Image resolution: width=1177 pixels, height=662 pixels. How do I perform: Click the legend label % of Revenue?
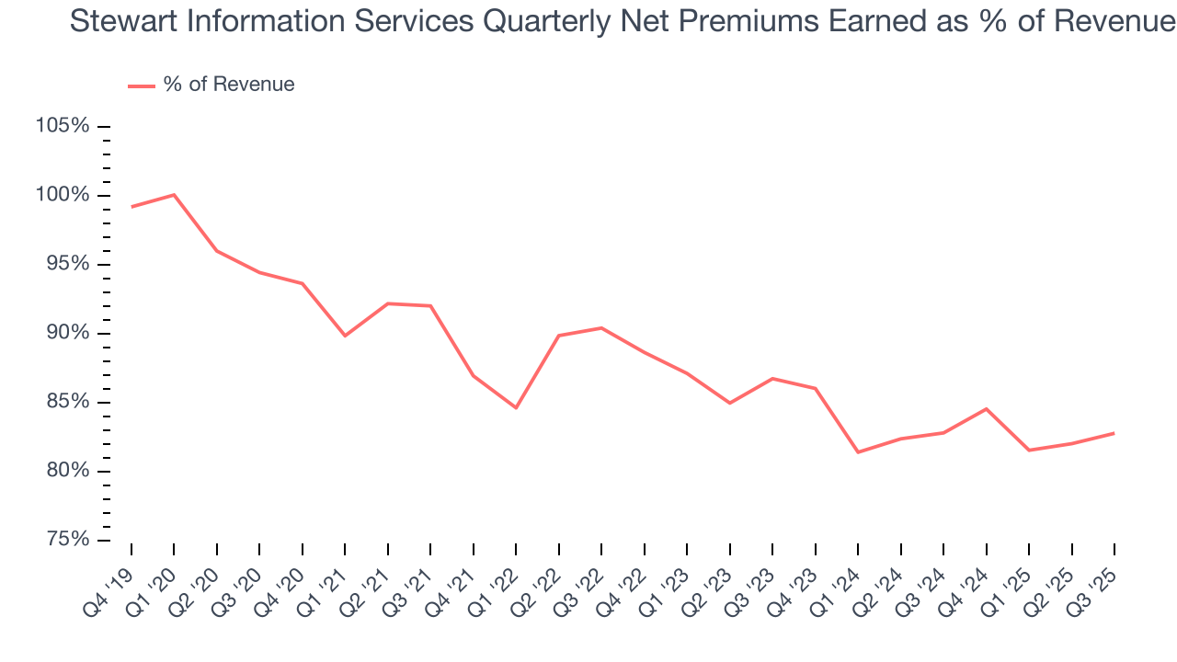tap(229, 85)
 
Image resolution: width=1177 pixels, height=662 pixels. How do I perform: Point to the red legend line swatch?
tap(142, 86)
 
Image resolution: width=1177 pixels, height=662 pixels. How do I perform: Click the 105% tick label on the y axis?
tap(63, 126)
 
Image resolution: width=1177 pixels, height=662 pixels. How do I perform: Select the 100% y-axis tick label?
tap(63, 195)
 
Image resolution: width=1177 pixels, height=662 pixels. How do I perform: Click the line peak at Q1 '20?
tap(174, 195)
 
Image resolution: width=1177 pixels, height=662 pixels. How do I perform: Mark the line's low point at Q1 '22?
tap(516, 407)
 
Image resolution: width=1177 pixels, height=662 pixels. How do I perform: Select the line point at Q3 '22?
tap(601, 328)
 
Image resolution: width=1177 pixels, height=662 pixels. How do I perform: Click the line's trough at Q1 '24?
tap(858, 452)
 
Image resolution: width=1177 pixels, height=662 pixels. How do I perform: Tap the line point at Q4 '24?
tap(987, 408)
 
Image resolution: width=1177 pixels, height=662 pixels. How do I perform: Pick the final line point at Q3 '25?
tap(1114, 433)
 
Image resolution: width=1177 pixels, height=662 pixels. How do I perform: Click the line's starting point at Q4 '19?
tap(131, 207)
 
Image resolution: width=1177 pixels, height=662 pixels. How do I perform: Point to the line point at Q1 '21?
tap(345, 336)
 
